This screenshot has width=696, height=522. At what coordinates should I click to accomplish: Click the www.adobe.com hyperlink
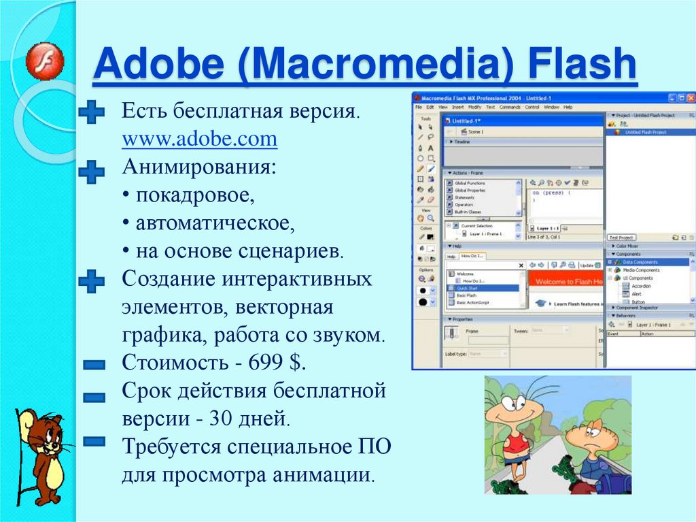click(200, 140)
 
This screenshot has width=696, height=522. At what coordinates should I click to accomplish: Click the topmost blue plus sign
click(91, 112)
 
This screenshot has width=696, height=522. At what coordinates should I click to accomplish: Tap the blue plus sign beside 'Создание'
click(91, 280)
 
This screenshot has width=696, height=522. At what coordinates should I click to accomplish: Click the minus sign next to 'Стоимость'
click(93, 366)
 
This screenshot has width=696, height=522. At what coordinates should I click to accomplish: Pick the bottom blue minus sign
click(93, 442)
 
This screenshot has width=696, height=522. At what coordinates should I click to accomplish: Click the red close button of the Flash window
click(689, 97)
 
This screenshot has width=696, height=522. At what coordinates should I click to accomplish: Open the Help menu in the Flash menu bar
click(568, 108)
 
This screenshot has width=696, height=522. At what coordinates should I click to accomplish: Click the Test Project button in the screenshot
click(620, 238)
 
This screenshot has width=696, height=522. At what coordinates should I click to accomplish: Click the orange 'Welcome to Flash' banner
click(565, 280)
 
